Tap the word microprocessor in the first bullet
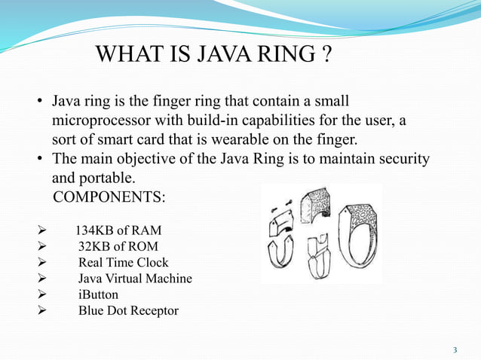pyautogui.click(x=99, y=121)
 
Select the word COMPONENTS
pyautogui.click(x=109, y=197)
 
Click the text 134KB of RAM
pyautogui.click(x=118, y=230)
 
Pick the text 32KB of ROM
pyautogui.click(x=116, y=246)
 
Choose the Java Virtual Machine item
pyautogui.click(x=135, y=279)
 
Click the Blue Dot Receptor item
pyautogui.click(x=128, y=311)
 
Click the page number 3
pyautogui.click(x=455, y=350)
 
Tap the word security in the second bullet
pyautogui.click(x=404, y=159)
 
